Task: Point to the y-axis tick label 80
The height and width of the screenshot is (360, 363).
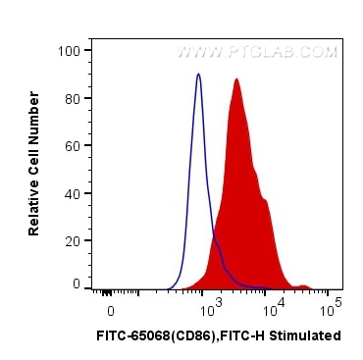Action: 73,98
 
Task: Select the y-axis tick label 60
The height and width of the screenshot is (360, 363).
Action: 73,145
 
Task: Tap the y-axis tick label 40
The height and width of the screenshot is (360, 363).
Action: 73,193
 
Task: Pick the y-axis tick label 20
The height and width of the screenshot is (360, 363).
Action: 73,240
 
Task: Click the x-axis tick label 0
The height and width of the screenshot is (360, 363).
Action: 111,309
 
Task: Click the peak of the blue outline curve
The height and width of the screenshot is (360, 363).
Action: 198,75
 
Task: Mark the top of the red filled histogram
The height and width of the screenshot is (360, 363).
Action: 236,79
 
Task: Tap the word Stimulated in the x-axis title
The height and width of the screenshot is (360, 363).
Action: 309,335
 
